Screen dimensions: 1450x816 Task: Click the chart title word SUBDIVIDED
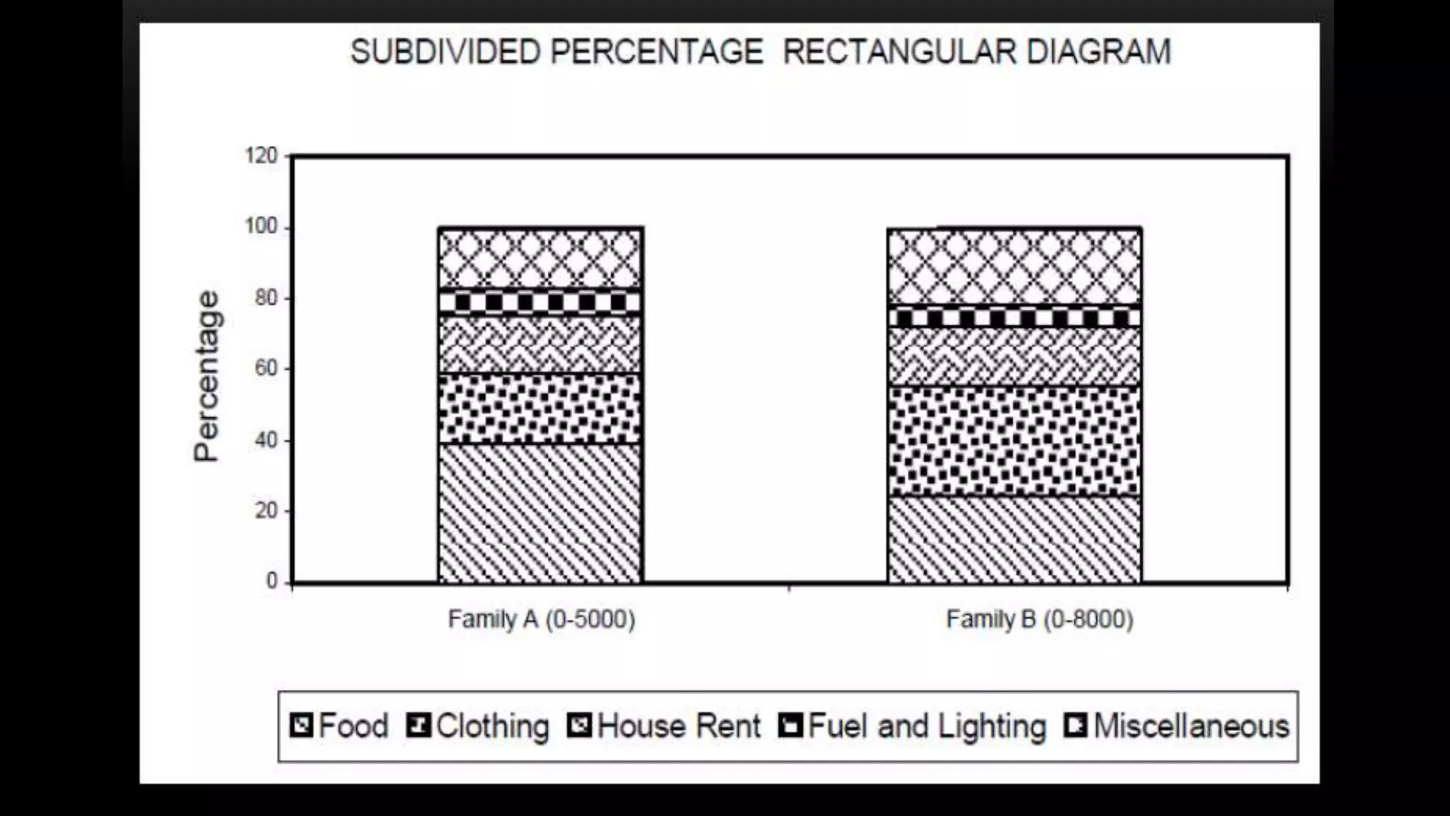coord(445,52)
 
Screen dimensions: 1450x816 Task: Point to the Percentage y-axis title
coord(207,376)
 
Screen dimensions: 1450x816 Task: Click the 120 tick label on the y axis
coord(261,156)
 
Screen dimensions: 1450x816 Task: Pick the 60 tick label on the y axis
coord(266,369)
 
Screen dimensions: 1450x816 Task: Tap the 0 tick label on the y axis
coord(272,582)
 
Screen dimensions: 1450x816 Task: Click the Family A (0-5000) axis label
coord(542,620)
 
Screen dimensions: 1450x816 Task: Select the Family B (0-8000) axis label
coord(1039,620)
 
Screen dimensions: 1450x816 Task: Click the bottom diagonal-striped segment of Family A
coord(540,513)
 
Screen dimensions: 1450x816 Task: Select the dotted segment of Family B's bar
coord(1015,441)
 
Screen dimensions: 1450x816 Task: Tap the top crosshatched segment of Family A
coord(540,258)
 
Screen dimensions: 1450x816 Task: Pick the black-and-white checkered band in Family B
coord(1015,317)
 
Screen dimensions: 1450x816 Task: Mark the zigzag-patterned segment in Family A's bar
coord(540,344)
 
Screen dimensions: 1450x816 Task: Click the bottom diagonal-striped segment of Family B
coord(1015,539)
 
